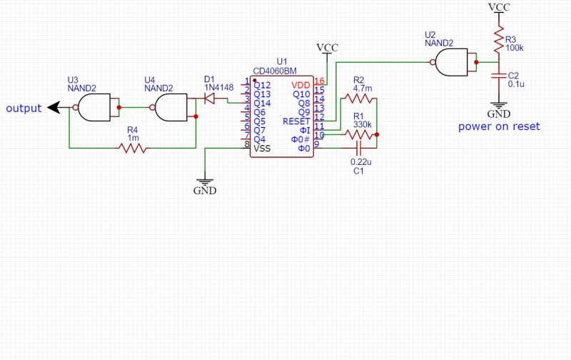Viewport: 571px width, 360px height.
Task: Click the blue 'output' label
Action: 24,109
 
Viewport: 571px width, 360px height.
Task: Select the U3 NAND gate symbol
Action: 93,109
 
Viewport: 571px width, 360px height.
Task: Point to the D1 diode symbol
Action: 210,99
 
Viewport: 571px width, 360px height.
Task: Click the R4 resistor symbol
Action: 133,149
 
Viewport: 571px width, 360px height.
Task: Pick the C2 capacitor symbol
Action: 497,75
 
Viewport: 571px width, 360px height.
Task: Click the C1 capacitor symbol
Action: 358,148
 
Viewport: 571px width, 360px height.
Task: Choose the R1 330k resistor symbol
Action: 358,134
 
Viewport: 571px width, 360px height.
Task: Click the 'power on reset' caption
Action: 499,126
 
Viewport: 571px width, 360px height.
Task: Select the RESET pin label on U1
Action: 297,121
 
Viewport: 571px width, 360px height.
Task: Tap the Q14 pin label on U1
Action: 263,103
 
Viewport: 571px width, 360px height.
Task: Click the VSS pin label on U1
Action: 263,148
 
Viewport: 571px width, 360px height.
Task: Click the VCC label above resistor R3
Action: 499,6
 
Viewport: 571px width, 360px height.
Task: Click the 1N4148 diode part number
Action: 218,88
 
